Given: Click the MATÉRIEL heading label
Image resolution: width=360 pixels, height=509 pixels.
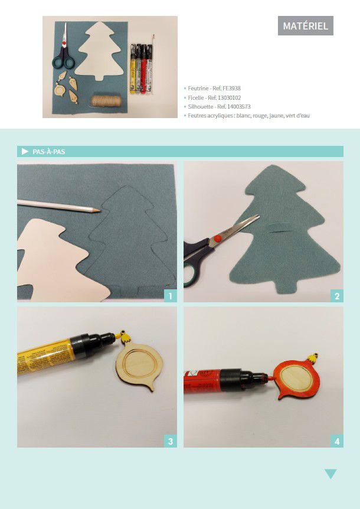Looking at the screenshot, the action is click(x=306, y=25).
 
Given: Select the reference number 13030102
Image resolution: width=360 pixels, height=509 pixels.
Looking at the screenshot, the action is click(x=229, y=97).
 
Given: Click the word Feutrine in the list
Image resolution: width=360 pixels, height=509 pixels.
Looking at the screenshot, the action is click(x=198, y=89).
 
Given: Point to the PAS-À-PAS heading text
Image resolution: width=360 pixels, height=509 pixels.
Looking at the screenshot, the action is click(x=48, y=152).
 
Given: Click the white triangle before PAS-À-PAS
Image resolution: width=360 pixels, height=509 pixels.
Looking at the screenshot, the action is click(x=25, y=152).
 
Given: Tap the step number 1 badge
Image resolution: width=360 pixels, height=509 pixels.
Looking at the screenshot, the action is click(x=171, y=296).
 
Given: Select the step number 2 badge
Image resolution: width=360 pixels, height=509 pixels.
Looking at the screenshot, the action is click(x=337, y=296).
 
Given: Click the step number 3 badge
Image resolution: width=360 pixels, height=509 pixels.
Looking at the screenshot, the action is click(x=171, y=442).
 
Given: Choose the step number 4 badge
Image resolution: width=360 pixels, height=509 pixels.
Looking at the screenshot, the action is click(x=337, y=442).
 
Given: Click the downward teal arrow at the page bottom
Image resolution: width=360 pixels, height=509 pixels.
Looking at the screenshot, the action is click(x=330, y=474).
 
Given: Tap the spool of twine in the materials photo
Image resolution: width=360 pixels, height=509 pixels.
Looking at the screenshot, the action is click(x=106, y=101).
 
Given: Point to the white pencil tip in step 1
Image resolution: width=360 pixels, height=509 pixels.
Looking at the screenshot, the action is click(x=99, y=211).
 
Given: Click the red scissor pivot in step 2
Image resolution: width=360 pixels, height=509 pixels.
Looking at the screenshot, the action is click(x=217, y=239).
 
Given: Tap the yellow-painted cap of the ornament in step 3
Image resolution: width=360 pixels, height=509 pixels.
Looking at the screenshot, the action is click(x=124, y=338).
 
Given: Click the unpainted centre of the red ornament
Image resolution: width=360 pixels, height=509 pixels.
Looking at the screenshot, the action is click(x=296, y=379).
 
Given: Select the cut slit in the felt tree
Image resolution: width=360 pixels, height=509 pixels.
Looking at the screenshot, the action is click(x=279, y=226).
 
